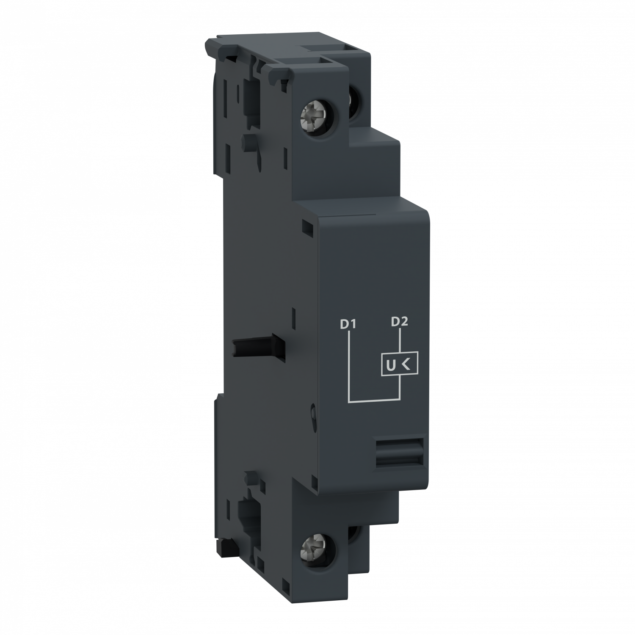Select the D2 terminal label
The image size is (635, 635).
coord(399,322)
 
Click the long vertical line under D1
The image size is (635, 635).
coord(348,364)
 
